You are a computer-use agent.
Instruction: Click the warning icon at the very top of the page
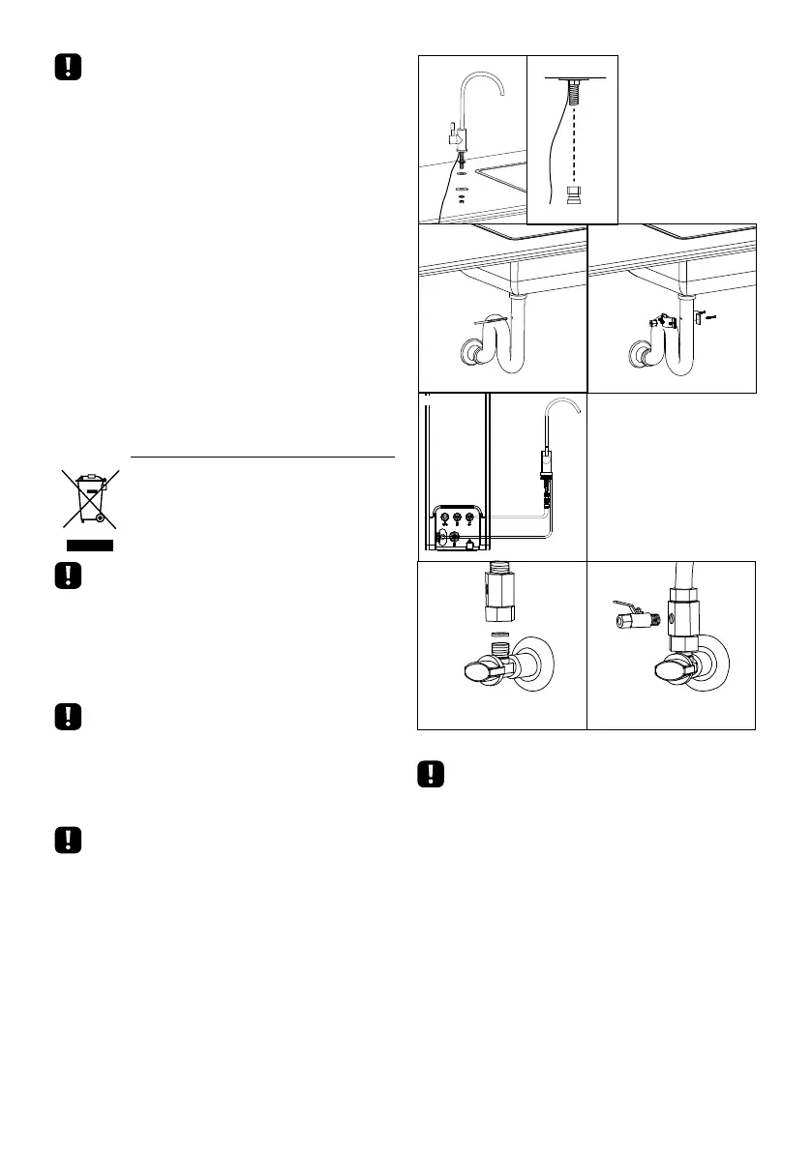click(x=66, y=67)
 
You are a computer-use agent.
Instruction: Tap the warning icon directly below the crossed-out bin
click(x=66, y=576)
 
